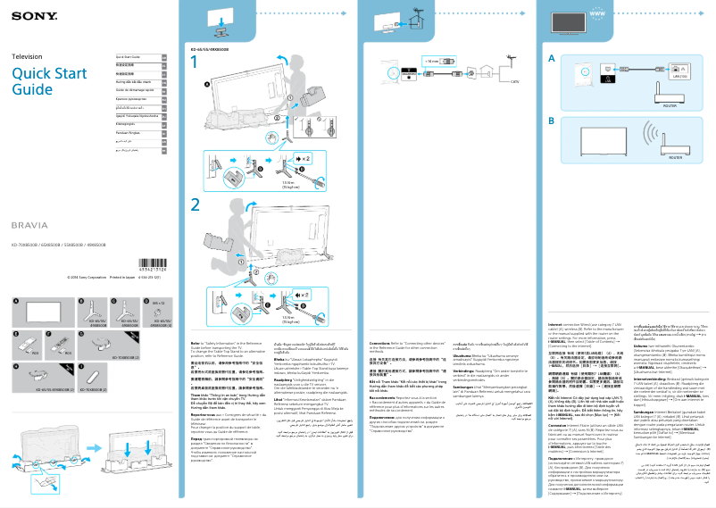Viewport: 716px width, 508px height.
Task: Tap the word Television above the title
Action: coord(27,56)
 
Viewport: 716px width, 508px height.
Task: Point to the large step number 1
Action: coord(195,63)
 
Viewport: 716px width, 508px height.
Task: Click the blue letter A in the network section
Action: coord(552,59)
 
